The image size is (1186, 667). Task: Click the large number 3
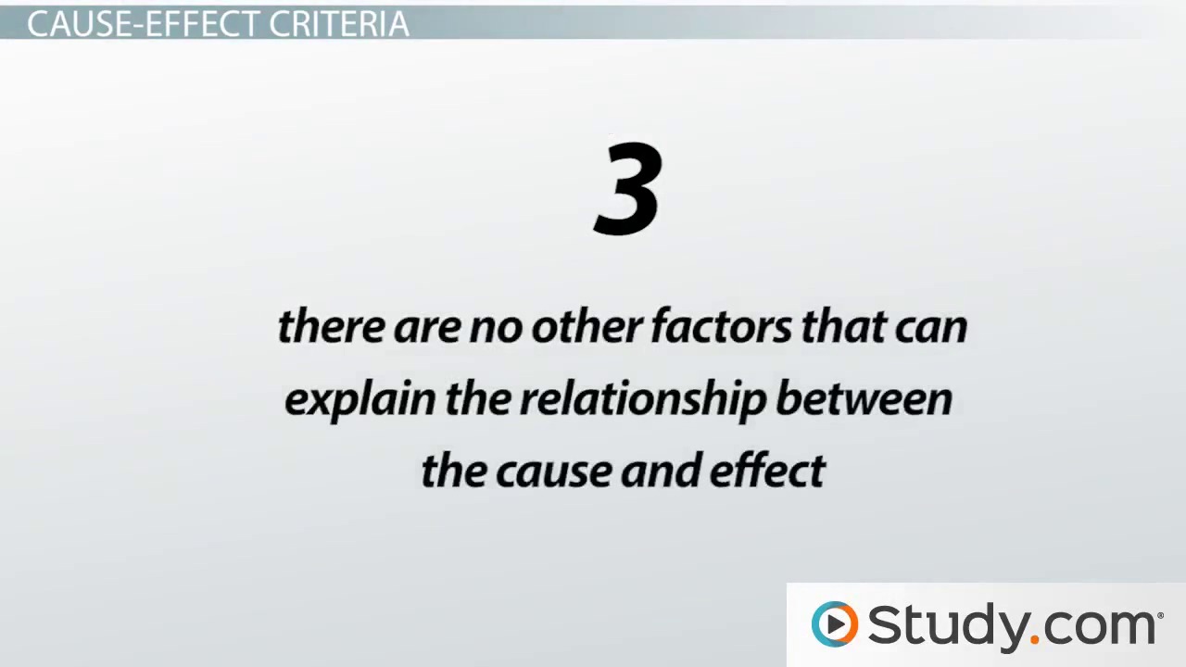coord(628,188)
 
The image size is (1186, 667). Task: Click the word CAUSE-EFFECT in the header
coord(144,23)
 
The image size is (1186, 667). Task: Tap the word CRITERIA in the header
coord(339,23)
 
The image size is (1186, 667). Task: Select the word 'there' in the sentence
coord(332,325)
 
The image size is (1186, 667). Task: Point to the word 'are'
coord(427,329)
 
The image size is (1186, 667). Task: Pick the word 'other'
coord(587,325)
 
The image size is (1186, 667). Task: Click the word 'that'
coord(844,325)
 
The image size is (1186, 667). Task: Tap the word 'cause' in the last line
coord(554,473)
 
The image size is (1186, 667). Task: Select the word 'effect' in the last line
coord(767,470)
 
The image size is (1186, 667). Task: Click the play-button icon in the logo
coord(835,624)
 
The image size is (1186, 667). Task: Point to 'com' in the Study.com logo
coord(1098,628)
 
